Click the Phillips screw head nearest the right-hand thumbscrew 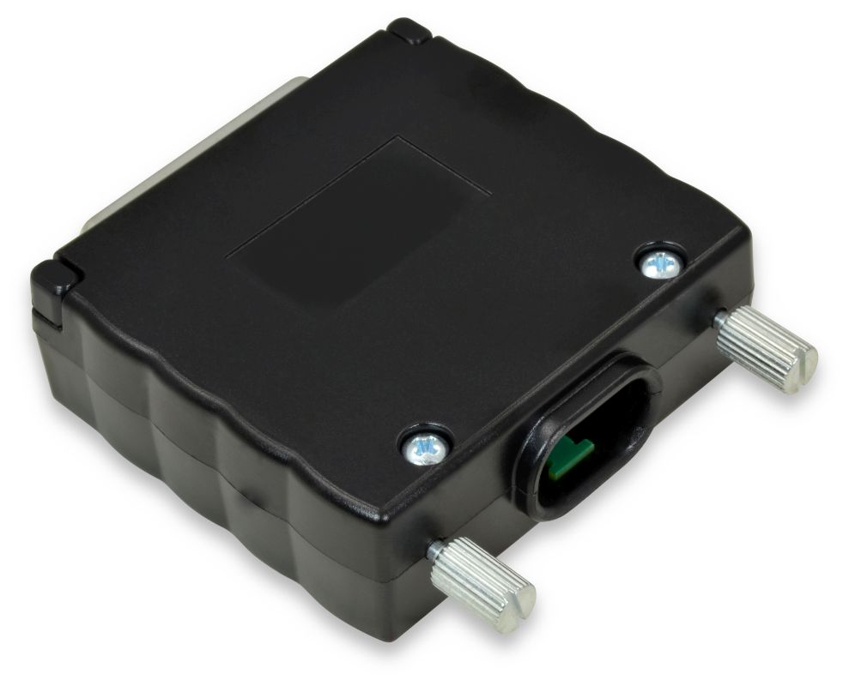pyautogui.click(x=661, y=264)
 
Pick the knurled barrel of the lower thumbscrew pyautogui.click(x=476, y=581)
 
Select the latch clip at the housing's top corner pyautogui.click(x=408, y=31)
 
